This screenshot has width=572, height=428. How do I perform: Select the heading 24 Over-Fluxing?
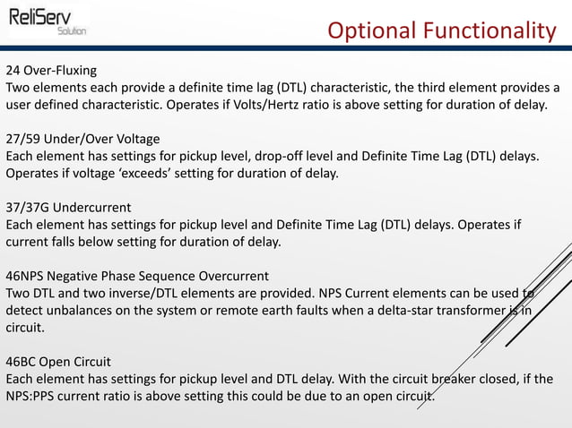[51, 70]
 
